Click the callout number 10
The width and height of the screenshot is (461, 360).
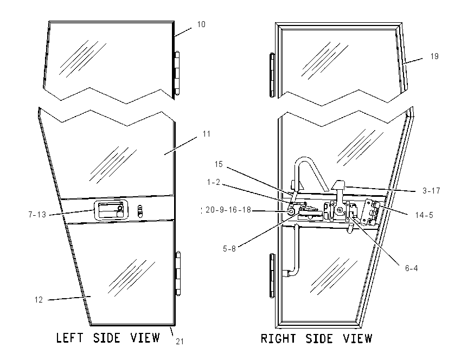click(x=201, y=24)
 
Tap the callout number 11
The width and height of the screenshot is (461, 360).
click(x=207, y=134)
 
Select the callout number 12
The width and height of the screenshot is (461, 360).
click(x=39, y=300)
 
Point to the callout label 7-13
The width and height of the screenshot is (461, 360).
click(x=37, y=215)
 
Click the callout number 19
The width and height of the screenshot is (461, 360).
click(x=434, y=56)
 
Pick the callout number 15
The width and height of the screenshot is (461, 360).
click(x=219, y=164)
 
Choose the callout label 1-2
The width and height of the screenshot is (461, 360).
click(x=214, y=182)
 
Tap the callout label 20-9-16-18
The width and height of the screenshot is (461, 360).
click(x=228, y=210)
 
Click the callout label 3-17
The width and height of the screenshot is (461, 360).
click(x=431, y=191)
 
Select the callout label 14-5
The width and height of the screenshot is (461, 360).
click(x=424, y=215)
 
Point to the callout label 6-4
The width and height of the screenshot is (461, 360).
click(x=411, y=268)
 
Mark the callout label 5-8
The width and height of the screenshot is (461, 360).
click(x=229, y=249)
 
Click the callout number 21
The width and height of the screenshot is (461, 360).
click(x=180, y=342)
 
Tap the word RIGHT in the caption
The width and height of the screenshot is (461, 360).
click(x=278, y=338)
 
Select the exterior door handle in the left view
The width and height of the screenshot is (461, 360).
click(x=111, y=210)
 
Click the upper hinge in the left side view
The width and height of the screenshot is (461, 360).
click(x=177, y=73)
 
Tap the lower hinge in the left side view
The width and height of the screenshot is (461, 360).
click(x=178, y=273)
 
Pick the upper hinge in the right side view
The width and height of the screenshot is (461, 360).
click(x=272, y=75)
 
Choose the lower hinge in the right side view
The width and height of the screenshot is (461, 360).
click(x=273, y=275)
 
